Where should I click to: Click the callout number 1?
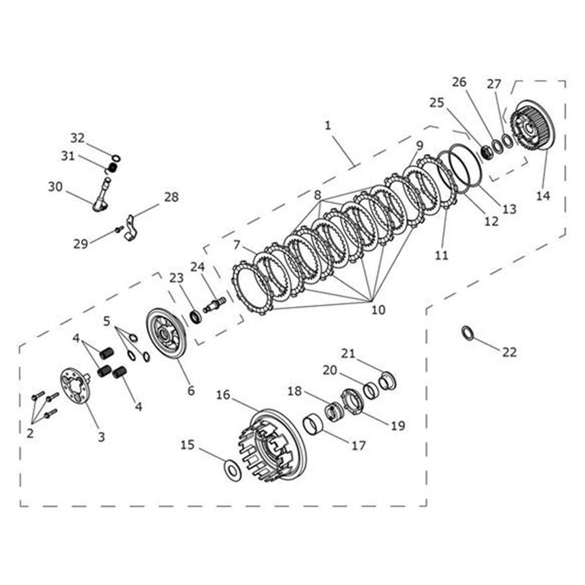(328, 125)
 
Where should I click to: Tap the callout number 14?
(543, 195)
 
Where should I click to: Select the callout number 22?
(509, 351)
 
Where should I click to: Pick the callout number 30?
(56, 186)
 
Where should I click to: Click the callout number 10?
(378, 309)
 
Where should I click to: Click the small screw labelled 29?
(117, 229)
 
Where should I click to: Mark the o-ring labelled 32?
(117, 158)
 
